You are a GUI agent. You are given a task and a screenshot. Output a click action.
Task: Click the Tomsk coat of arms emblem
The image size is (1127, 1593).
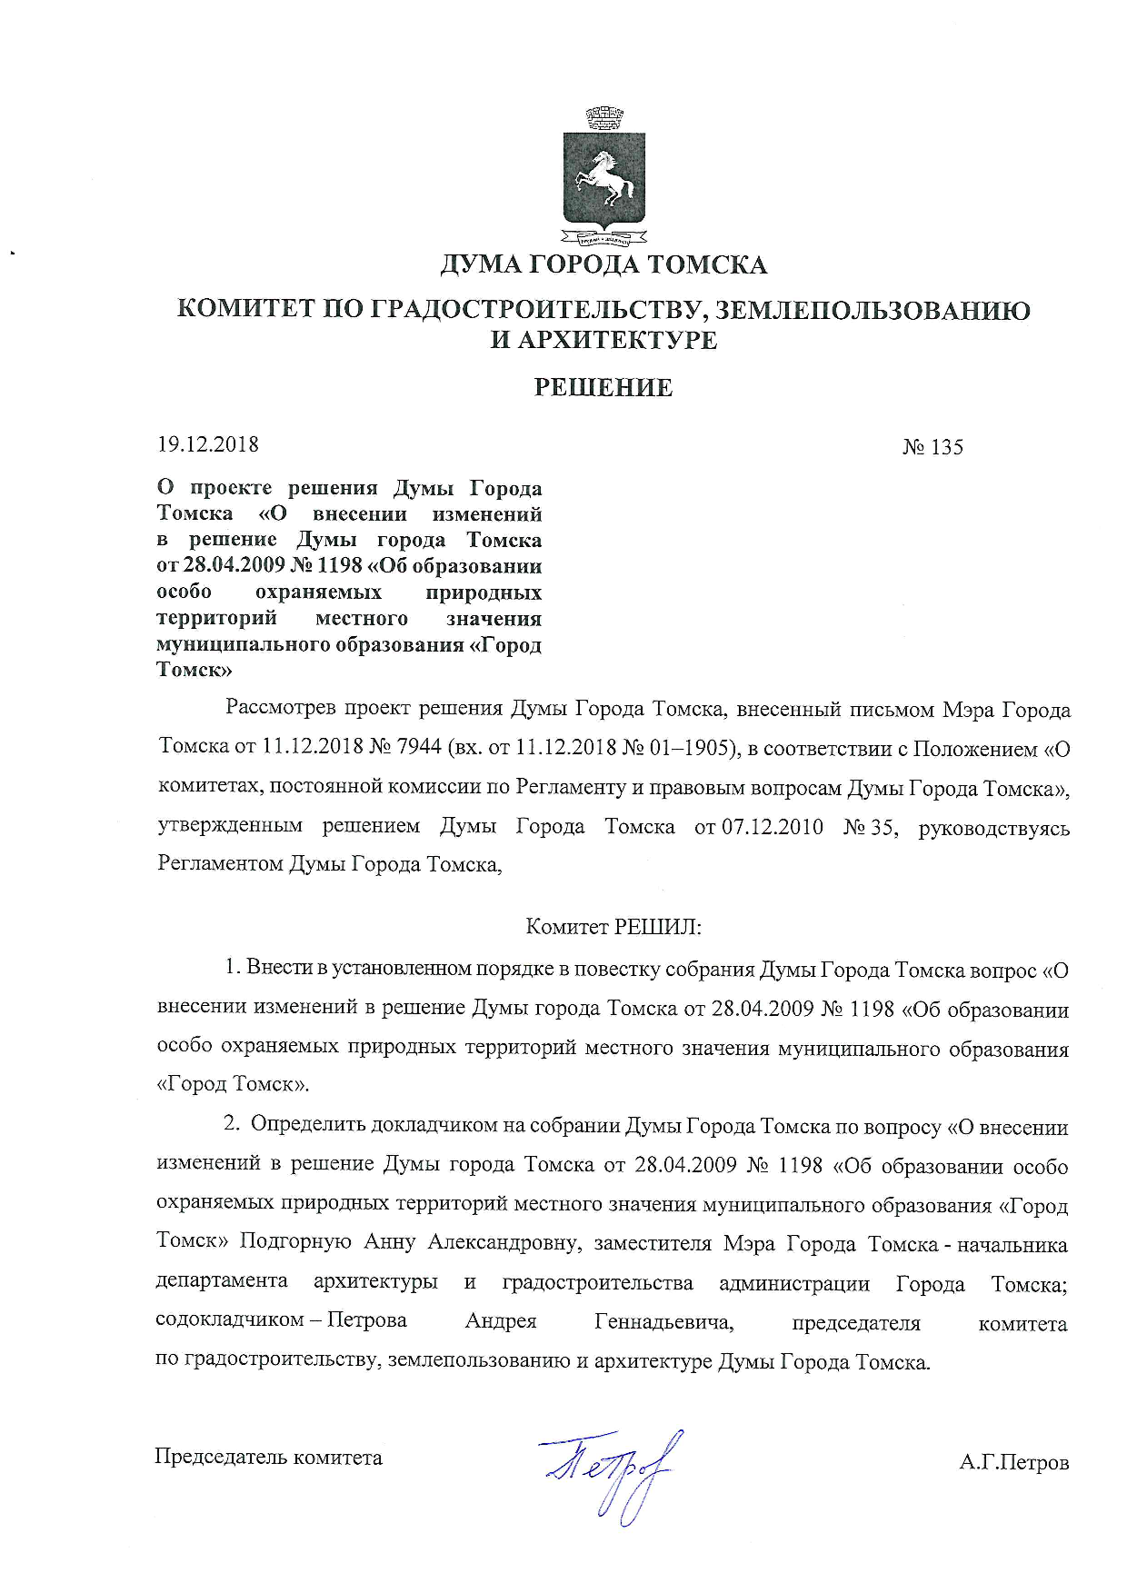(603, 179)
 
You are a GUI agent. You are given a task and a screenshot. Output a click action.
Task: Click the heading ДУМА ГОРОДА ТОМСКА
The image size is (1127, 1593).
(603, 264)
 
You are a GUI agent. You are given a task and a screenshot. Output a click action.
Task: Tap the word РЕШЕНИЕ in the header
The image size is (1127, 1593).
(603, 388)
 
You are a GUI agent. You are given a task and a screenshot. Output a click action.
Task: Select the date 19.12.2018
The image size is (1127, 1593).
(208, 444)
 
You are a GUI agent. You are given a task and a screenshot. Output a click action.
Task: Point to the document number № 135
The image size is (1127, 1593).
(933, 447)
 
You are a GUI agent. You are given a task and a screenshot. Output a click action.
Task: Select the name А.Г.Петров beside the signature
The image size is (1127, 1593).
(1014, 1463)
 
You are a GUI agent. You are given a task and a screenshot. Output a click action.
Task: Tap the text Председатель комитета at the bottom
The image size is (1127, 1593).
(269, 1458)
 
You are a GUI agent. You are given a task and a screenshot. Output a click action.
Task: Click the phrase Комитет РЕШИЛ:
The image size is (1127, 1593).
(614, 927)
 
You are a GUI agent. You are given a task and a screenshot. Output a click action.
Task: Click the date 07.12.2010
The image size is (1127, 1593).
(773, 827)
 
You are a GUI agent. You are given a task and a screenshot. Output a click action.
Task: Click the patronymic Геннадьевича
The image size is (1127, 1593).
(663, 1321)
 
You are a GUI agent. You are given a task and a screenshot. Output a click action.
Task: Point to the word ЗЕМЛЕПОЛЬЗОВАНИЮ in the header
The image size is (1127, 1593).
(873, 311)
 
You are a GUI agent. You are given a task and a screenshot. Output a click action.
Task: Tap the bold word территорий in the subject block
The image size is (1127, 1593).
(216, 619)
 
